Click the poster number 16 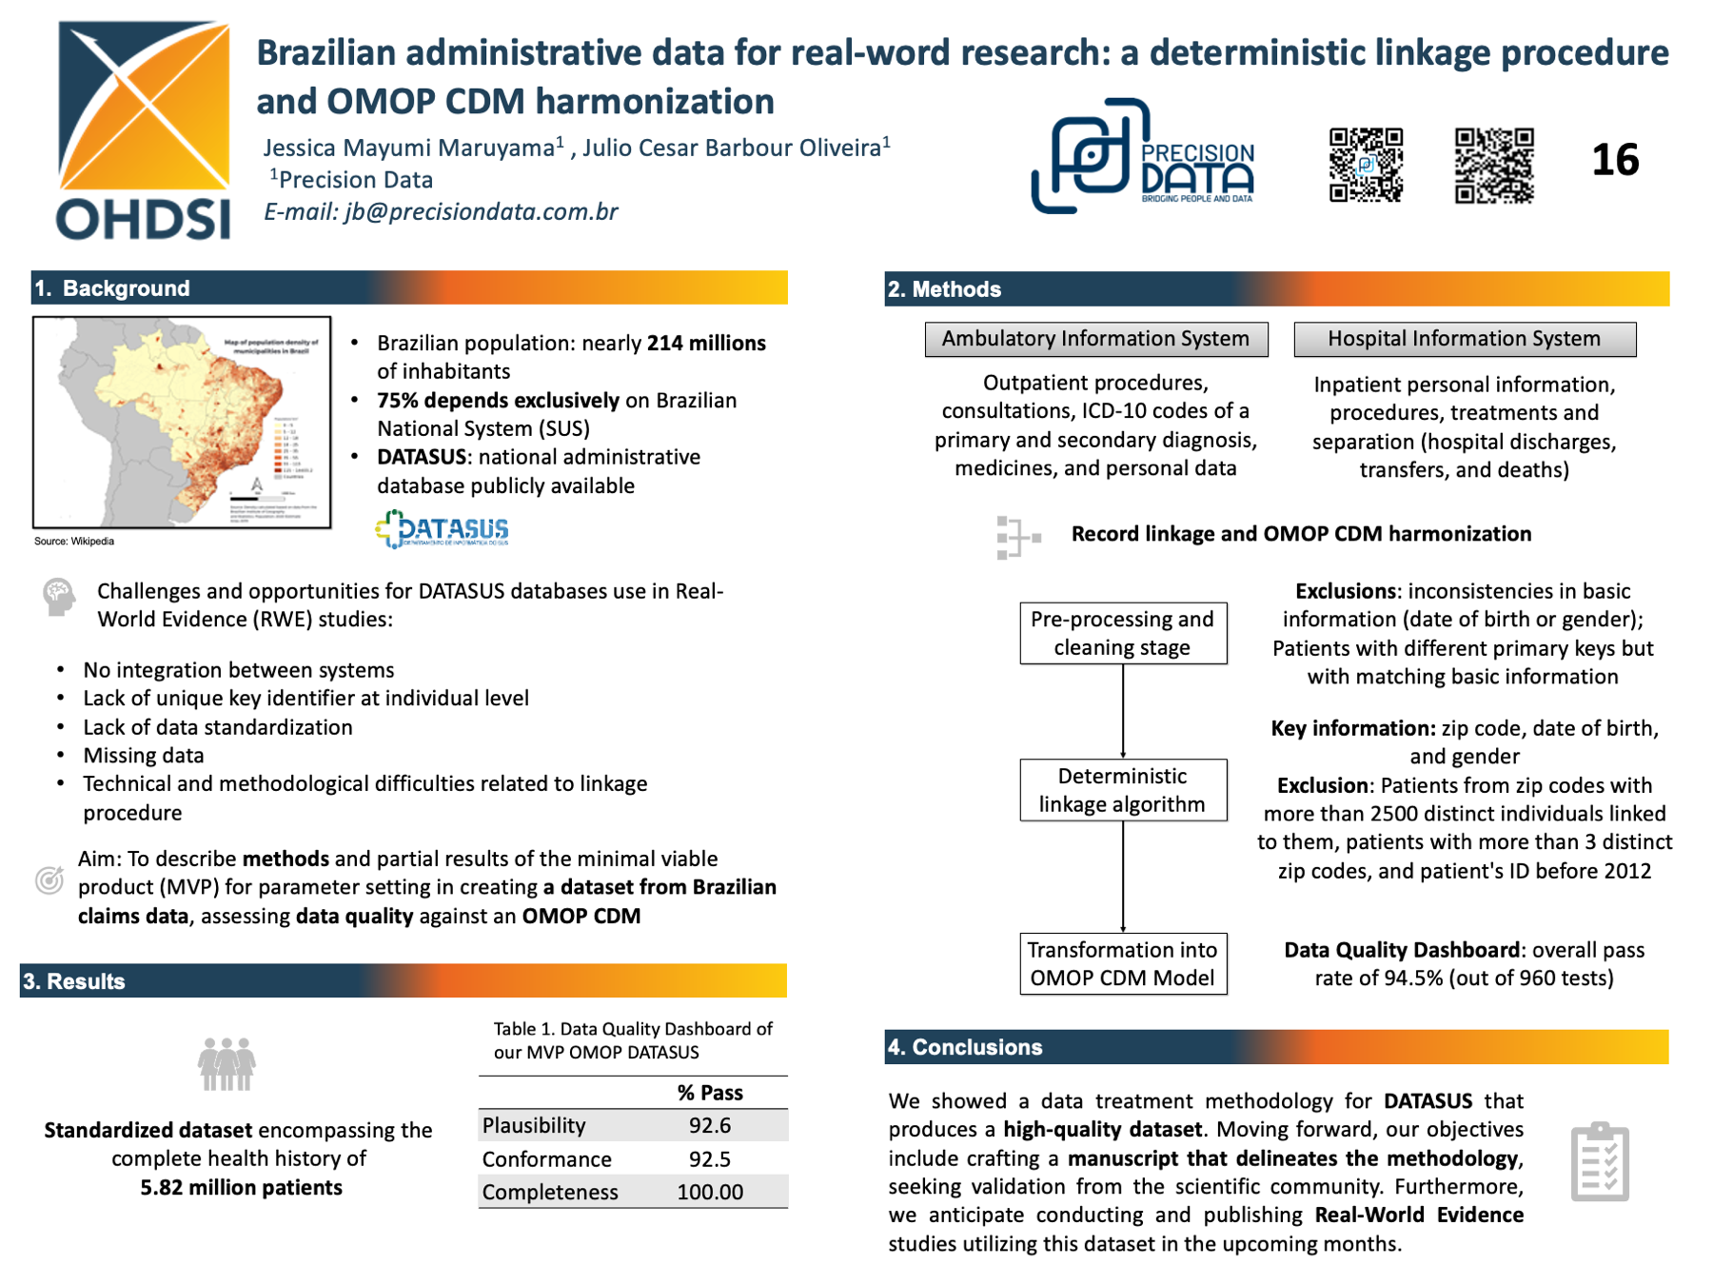(1615, 160)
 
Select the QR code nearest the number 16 (1494, 166)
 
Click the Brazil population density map (182, 422)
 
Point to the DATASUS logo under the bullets (443, 529)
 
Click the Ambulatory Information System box (1095, 339)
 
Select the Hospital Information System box (1464, 339)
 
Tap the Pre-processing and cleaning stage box (1122, 633)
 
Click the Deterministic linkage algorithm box (1122, 790)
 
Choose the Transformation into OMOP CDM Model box (1122, 963)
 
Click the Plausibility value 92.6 (710, 1125)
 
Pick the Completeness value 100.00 (710, 1192)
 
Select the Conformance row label (546, 1159)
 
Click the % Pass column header (710, 1093)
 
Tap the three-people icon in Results (226, 1063)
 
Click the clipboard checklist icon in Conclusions (1600, 1162)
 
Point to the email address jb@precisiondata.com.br (481, 211)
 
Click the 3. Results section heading (74, 981)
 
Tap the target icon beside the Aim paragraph (49, 880)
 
